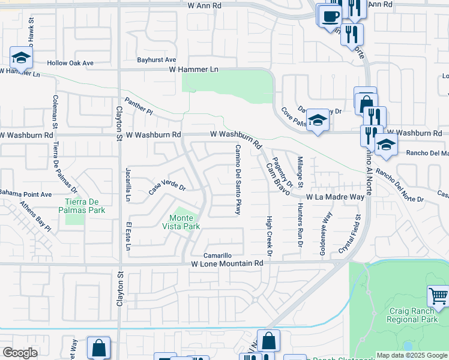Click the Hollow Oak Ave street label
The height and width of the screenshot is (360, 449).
pos(71,63)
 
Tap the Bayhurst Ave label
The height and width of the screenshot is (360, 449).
pos(157,60)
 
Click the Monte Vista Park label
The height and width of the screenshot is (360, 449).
pos(181,222)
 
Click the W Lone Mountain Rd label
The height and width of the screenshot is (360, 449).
pos(228,263)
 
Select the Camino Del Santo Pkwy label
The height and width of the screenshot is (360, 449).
pos(238,179)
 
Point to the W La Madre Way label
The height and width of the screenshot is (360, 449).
pos(335,197)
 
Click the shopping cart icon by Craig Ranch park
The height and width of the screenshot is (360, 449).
pos(438,296)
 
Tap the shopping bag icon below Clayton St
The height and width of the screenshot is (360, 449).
pos(98,347)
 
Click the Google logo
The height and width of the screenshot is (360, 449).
pos(20,353)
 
